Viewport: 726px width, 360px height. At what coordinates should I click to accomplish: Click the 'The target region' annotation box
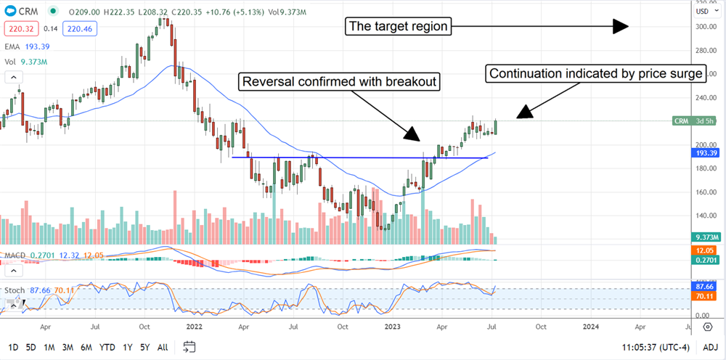pyautogui.click(x=398, y=27)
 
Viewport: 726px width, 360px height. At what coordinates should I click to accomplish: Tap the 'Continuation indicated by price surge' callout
pyautogui.click(x=595, y=73)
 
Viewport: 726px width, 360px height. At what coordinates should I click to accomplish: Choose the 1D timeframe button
pyautogui.click(x=13, y=348)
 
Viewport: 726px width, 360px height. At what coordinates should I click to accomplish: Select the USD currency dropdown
pyautogui.click(x=704, y=12)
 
